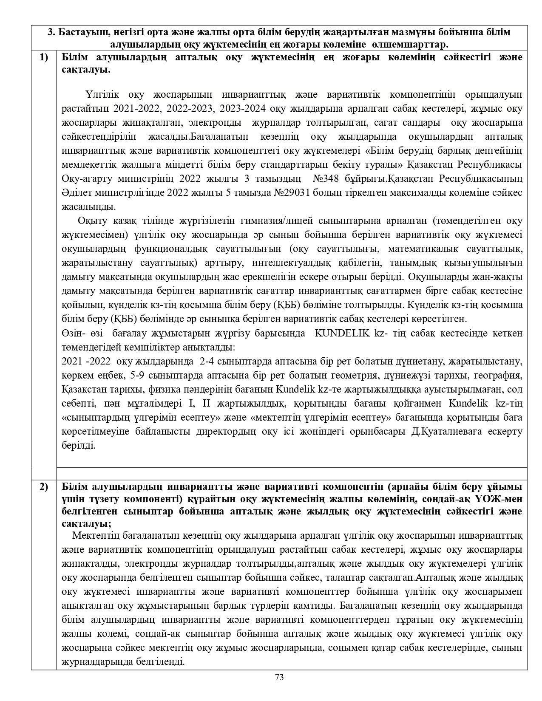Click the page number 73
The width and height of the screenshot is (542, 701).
click(x=279, y=677)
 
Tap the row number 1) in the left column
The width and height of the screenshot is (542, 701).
click(x=44, y=57)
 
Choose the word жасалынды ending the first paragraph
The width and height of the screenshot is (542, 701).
click(x=83, y=207)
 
